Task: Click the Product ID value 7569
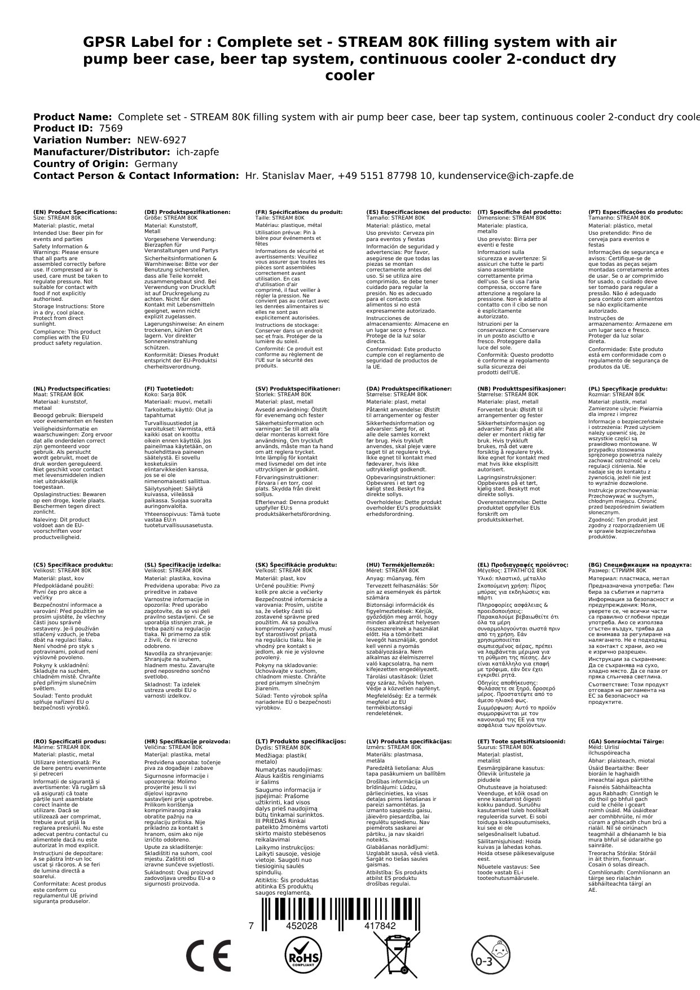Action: pos(111,128)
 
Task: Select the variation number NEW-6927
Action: pos(161,140)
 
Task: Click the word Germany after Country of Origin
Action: pos(156,164)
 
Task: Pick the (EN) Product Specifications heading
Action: pos(75,212)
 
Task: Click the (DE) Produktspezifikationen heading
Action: pos(187,212)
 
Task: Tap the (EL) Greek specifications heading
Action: pos(523,564)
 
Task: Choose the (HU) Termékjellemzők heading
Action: pos(400,564)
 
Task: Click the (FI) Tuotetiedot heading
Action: pos(169,389)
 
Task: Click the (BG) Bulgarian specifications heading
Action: pos(640,564)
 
